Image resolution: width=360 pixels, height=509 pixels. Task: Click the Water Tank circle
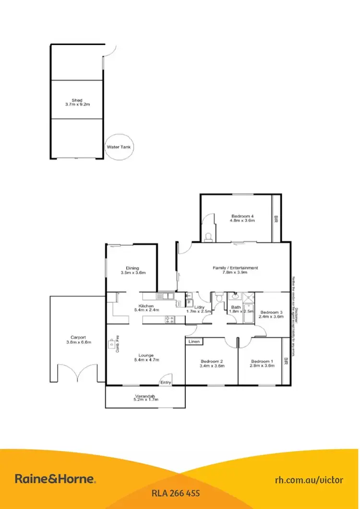(x=119, y=147)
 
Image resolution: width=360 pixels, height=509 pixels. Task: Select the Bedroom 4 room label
(x=242, y=216)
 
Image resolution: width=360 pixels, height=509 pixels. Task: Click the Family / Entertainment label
(x=236, y=268)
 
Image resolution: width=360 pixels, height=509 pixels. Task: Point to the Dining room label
(x=132, y=268)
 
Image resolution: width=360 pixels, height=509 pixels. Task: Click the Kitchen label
(x=146, y=306)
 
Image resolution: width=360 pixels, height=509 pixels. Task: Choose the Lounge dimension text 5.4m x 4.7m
(x=146, y=359)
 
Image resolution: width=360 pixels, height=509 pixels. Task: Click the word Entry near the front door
(x=166, y=382)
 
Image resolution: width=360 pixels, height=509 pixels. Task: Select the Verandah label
(x=145, y=396)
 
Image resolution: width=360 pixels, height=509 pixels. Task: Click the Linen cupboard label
(x=194, y=342)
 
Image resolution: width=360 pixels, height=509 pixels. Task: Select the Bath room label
(x=236, y=307)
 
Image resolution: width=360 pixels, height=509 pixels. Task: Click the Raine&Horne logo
(x=56, y=479)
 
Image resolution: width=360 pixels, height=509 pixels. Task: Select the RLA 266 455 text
(x=175, y=493)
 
